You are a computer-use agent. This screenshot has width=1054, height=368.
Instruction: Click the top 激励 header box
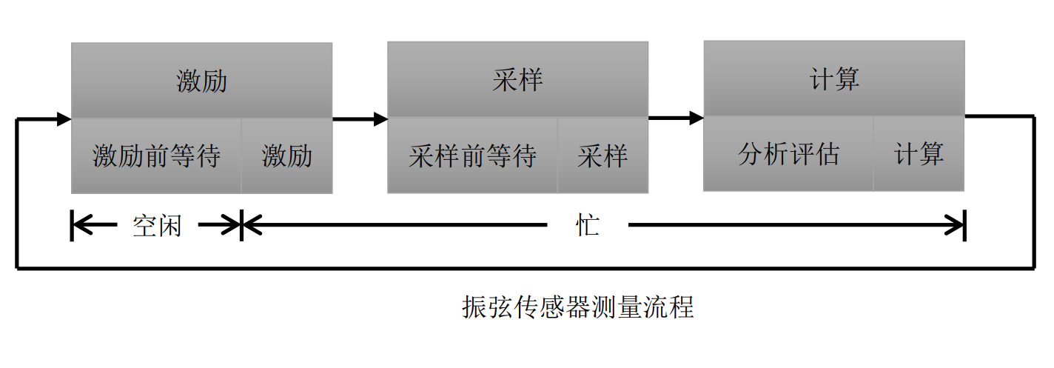coord(201,80)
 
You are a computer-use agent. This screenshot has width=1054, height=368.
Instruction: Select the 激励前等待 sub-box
coord(156,155)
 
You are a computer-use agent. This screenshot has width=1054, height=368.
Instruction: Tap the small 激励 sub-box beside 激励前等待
coord(286,155)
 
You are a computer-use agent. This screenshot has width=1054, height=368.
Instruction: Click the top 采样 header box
coord(517,79)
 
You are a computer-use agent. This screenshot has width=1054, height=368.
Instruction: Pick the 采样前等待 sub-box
coord(472,155)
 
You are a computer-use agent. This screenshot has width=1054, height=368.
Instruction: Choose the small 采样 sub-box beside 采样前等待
coord(602,155)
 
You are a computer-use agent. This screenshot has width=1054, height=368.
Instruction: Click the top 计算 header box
coord(834,78)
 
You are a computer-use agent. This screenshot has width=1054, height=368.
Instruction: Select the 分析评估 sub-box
coord(788,154)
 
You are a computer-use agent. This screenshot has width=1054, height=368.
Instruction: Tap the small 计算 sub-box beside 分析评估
coord(919,154)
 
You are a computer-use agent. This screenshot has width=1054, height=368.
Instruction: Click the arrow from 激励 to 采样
coord(360,118)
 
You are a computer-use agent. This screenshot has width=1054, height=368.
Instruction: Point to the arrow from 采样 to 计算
coord(676,117)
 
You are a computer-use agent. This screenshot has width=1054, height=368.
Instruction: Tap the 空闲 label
coord(156,226)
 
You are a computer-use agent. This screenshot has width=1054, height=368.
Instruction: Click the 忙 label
coord(588,226)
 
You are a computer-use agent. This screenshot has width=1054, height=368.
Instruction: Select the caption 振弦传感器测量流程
coord(578,307)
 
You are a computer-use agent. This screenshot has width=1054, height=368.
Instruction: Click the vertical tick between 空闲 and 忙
coord(241,226)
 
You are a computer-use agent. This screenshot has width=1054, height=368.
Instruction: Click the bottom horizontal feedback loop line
coord(518,267)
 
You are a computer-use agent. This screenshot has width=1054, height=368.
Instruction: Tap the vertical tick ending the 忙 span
coord(964,226)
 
